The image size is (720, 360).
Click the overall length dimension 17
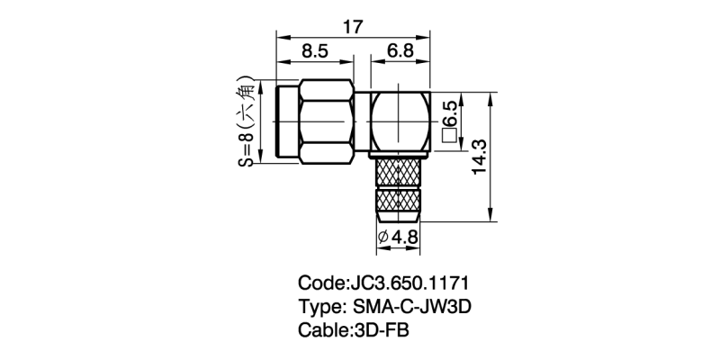click(x=353, y=27)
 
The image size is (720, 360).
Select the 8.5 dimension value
click(x=315, y=51)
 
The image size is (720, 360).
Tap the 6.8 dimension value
click(x=400, y=51)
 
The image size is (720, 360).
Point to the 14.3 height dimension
click(x=479, y=157)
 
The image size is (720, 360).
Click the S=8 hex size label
click(x=247, y=149)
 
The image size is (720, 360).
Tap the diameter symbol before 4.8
click(x=383, y=237)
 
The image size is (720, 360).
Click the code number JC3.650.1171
click(x=409, y=283)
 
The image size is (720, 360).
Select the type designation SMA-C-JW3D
click(x=412, y=307)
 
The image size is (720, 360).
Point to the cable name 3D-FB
click(x=381, y=330)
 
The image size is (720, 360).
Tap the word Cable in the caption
click(x=322, y=330)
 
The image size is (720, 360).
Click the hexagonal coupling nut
click(x=327, y=121)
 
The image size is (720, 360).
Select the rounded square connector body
click(x=400, y=122)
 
